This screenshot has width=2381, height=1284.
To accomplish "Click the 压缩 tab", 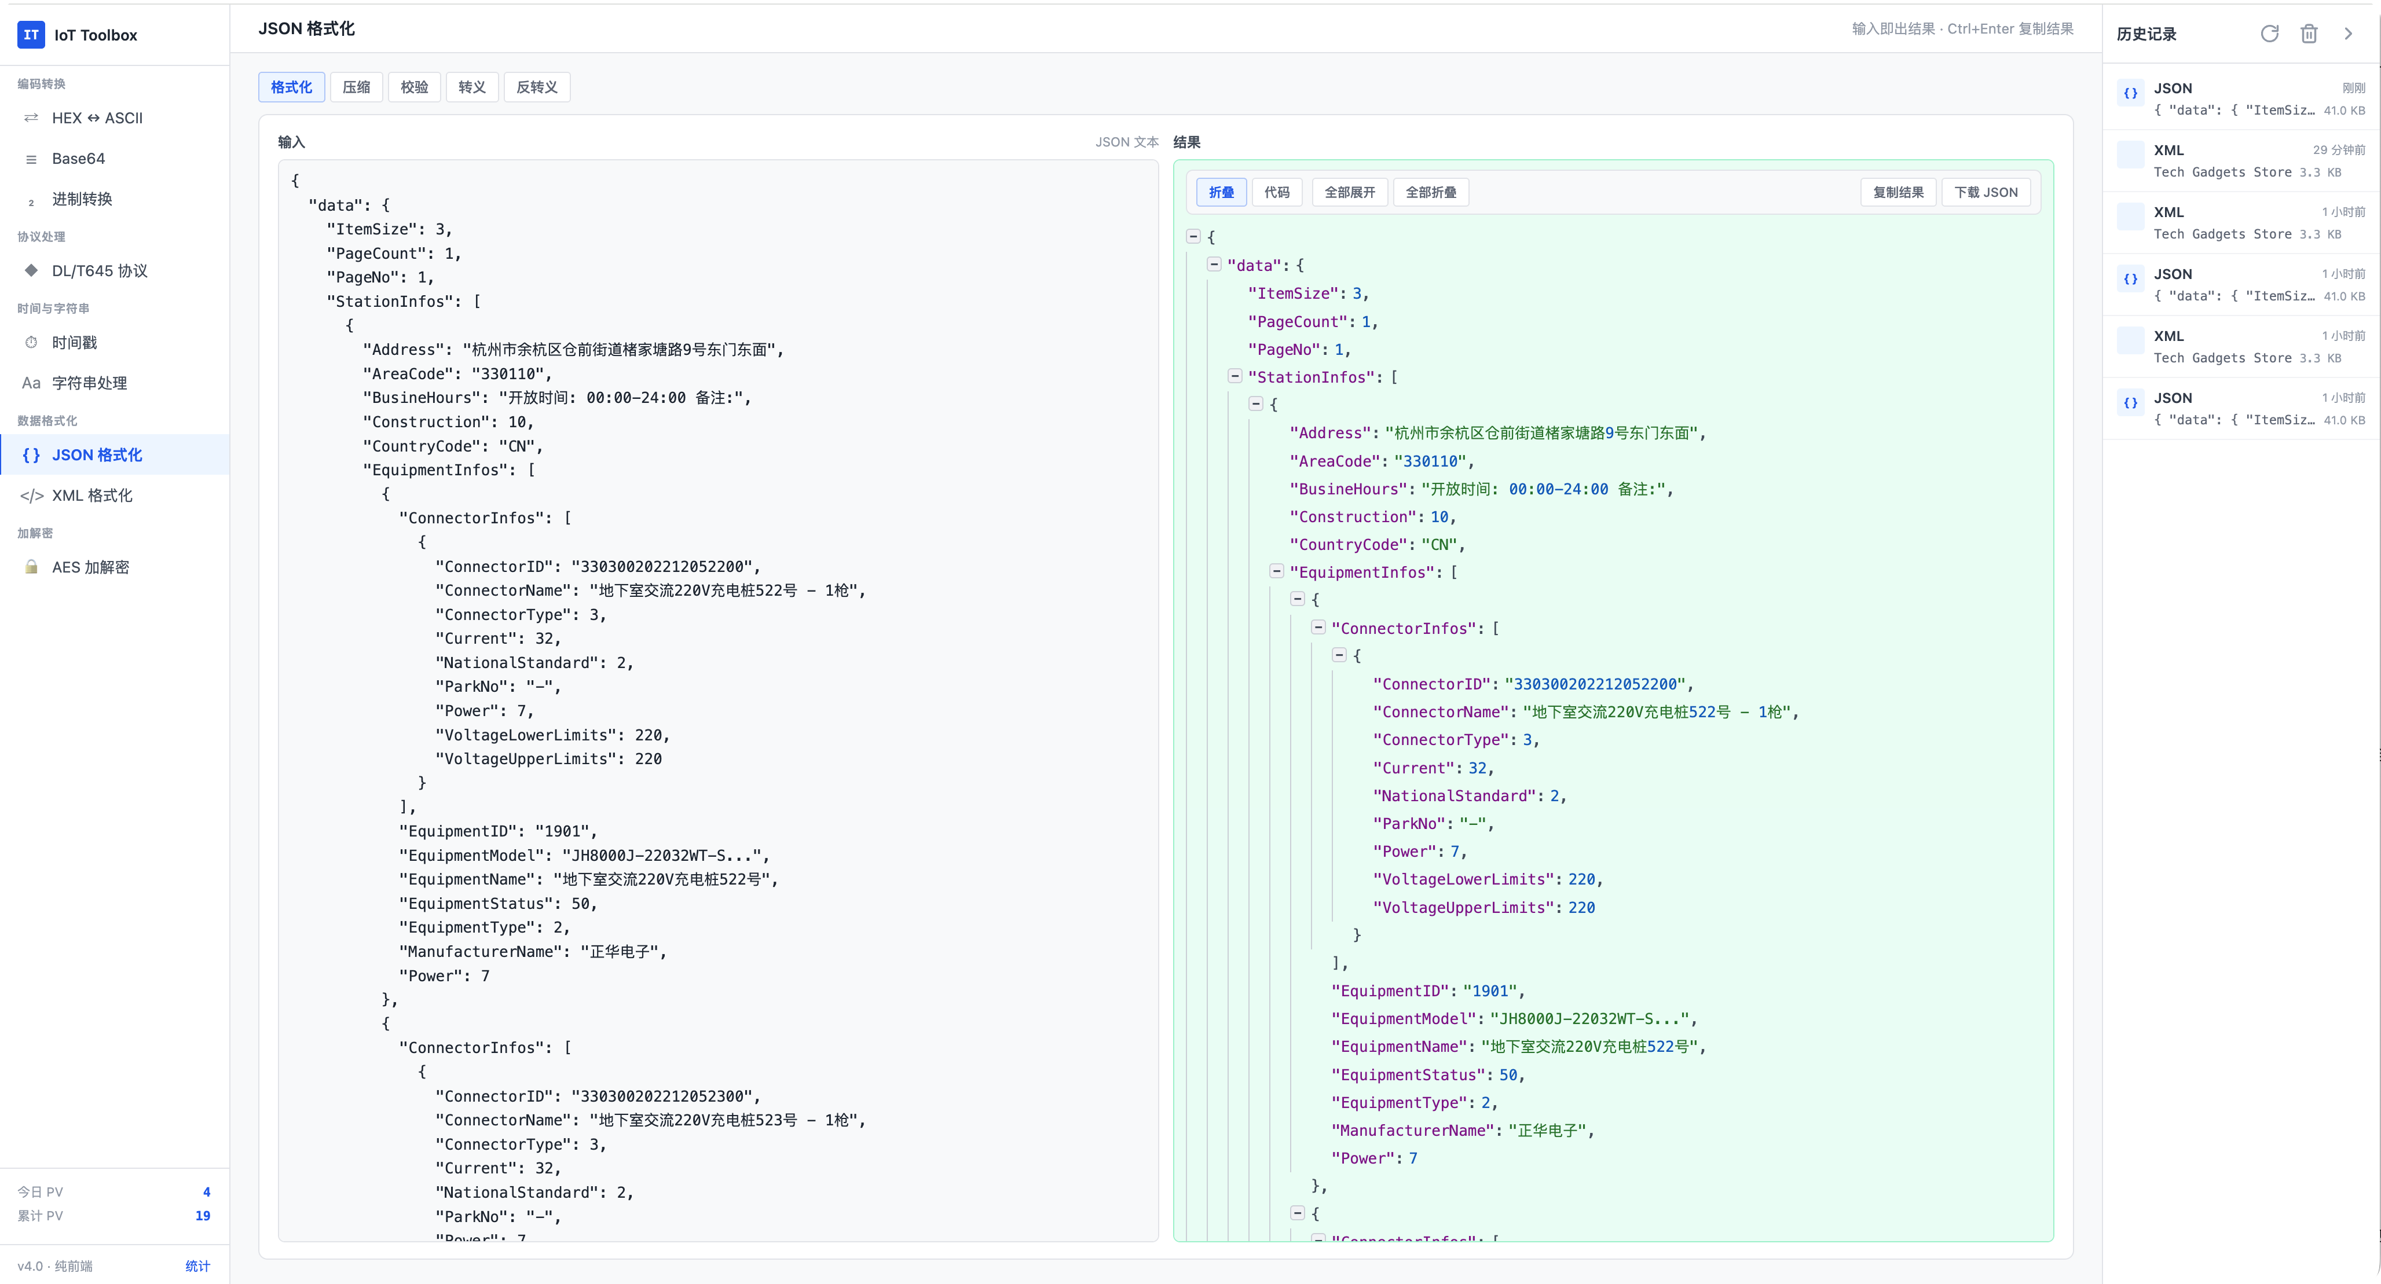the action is click(x=356, y=87).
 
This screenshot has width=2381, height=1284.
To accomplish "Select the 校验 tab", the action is click(x=414, y=87).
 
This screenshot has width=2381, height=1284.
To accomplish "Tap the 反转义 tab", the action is click(x=537, y=87).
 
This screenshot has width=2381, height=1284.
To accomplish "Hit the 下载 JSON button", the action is click(x=1986, y=192).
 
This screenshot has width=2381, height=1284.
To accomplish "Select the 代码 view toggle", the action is click(x=1276, y=192).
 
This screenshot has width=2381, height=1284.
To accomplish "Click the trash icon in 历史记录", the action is click(x=2309, y=34).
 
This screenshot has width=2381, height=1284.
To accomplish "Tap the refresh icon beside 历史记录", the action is click(x=2269, y=34).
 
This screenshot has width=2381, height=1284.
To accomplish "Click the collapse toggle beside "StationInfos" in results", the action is click(x=1235, y=376).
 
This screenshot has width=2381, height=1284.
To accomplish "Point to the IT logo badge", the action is click(x=31, y=35).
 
